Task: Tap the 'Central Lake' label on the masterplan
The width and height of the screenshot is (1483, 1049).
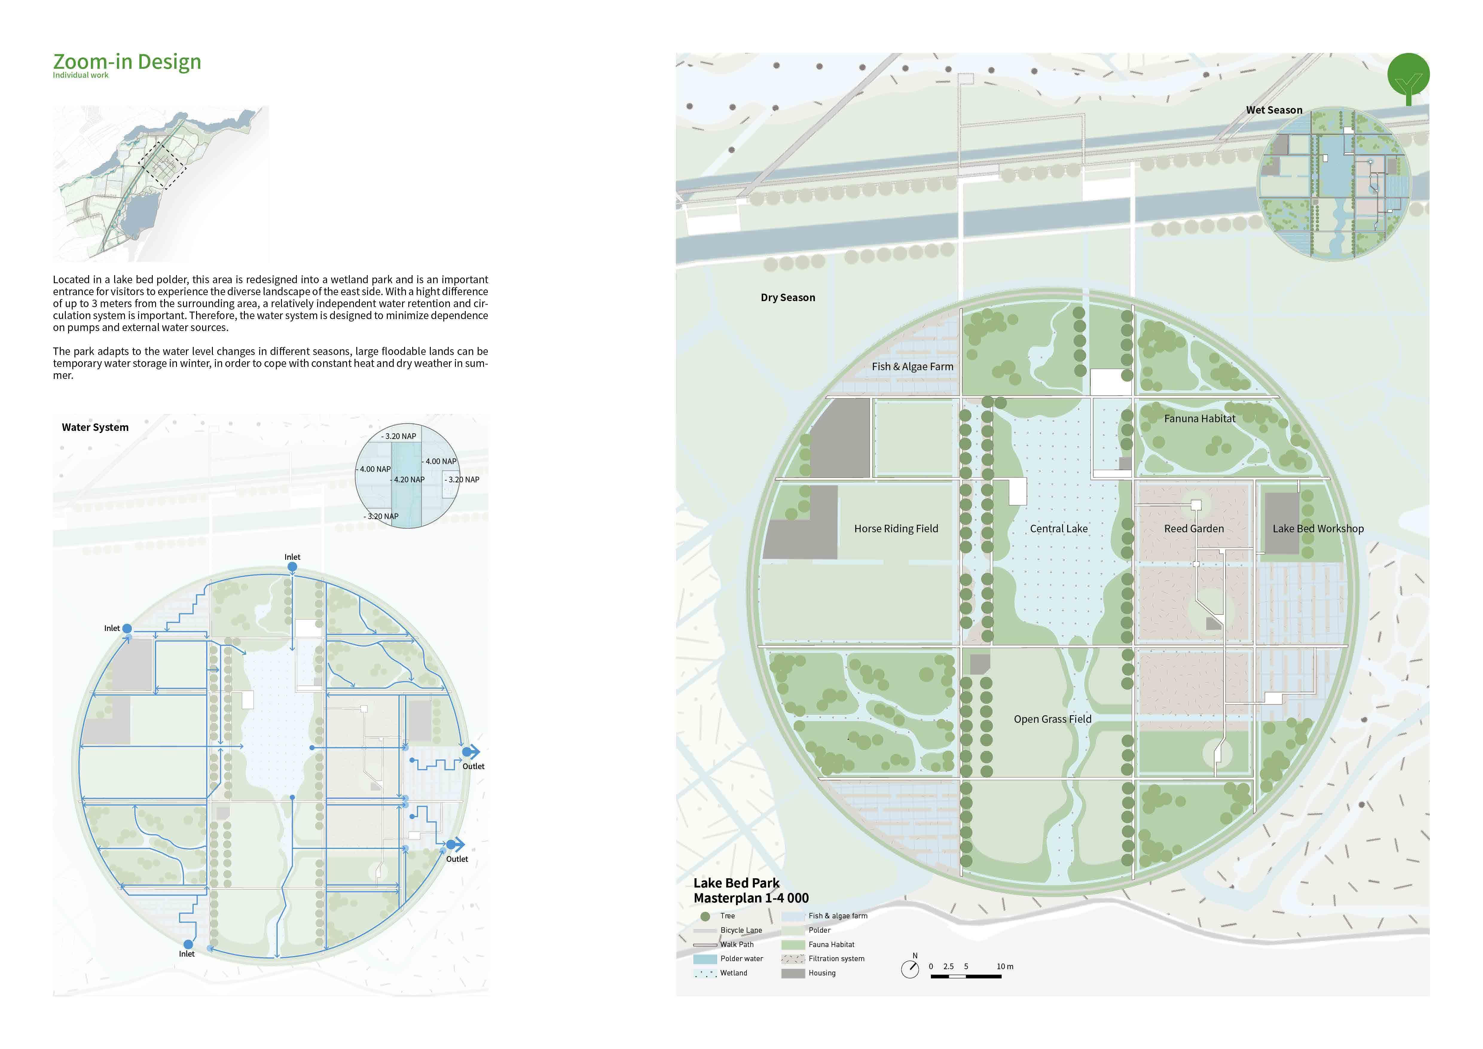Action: (x=1059, y=528)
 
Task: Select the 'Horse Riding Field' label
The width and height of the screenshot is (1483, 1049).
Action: (x=896, y=528)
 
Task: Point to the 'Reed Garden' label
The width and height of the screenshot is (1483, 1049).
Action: (x=1194, y=528)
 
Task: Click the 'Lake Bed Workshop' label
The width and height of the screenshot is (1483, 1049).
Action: (x=1318, y=528)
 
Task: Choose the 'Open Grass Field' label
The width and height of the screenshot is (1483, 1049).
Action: (x=1052, y=719)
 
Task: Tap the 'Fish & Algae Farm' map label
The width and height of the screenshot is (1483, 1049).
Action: (x=912, y=366)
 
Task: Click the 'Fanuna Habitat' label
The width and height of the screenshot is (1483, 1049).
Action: (x=1199, y=419)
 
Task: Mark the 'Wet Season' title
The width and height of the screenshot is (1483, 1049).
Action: (x=1274, y=110)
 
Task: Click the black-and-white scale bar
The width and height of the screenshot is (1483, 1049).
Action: (x=966, y=976)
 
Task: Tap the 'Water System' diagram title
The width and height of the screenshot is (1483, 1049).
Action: (x=95, y=427)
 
